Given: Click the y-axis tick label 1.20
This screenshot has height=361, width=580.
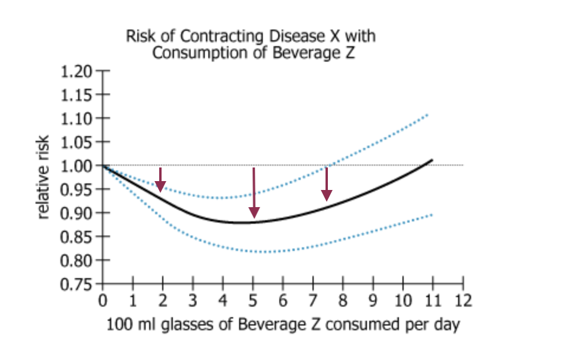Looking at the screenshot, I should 76,72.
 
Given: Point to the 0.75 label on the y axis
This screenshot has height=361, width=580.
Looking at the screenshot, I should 76,284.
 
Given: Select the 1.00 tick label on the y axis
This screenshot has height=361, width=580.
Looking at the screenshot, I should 76,166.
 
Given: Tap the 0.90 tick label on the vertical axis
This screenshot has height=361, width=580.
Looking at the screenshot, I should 76,213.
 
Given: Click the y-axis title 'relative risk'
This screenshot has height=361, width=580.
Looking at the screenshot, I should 43,178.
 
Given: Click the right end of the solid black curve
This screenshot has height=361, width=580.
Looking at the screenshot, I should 433,160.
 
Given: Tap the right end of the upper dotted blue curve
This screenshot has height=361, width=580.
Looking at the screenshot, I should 427,114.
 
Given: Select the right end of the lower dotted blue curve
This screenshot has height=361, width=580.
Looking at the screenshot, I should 433,214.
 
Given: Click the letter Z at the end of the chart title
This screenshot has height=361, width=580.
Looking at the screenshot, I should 355,53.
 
